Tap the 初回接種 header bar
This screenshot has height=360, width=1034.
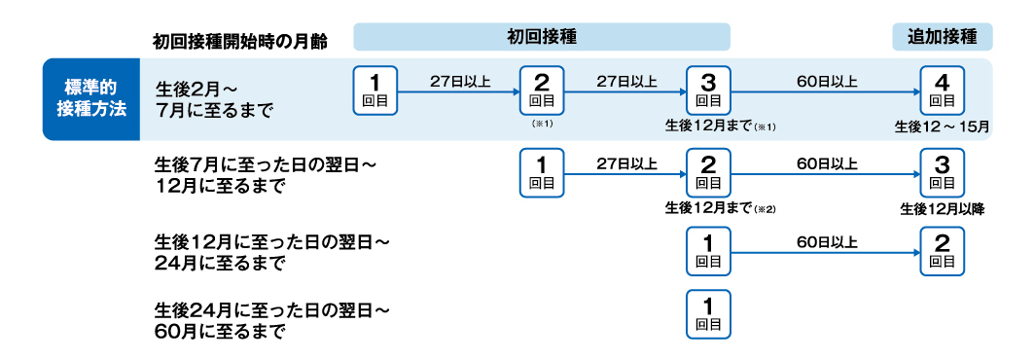(x=542, y=37)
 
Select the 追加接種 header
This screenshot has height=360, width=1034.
(x=942, y=37)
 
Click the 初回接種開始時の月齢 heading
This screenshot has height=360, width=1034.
(x=239, y=41)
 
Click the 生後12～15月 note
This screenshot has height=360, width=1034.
(x=943, y=126)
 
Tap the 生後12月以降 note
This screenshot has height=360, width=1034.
(x=943, y=207)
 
